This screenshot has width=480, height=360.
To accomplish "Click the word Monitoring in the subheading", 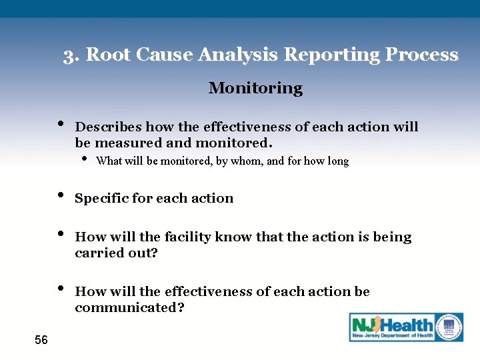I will (x=255, y=88).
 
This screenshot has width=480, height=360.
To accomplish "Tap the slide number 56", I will (x=41, y=341).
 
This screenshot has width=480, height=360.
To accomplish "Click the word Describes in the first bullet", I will (x=109, y=127).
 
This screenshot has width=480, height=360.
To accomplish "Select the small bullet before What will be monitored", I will (x=85, y=159).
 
